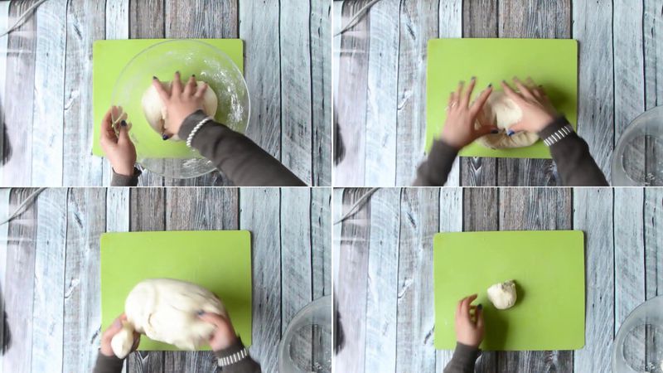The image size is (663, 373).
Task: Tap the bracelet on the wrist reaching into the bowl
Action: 197,132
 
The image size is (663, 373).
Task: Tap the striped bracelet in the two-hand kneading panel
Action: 558,134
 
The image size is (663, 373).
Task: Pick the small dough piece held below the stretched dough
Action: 123,342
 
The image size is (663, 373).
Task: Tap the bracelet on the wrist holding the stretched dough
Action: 233,356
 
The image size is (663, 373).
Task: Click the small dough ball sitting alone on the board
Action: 501,294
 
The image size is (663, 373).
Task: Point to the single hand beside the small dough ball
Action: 469,322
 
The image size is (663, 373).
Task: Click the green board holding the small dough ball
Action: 539,257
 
